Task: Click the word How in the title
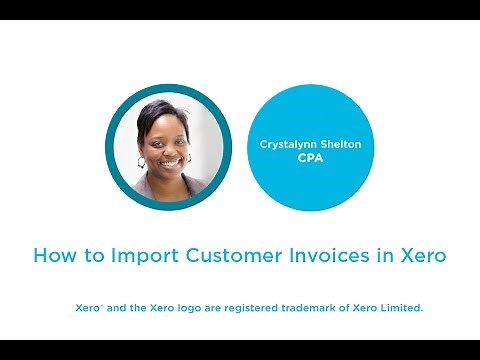[x=52, y=255]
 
